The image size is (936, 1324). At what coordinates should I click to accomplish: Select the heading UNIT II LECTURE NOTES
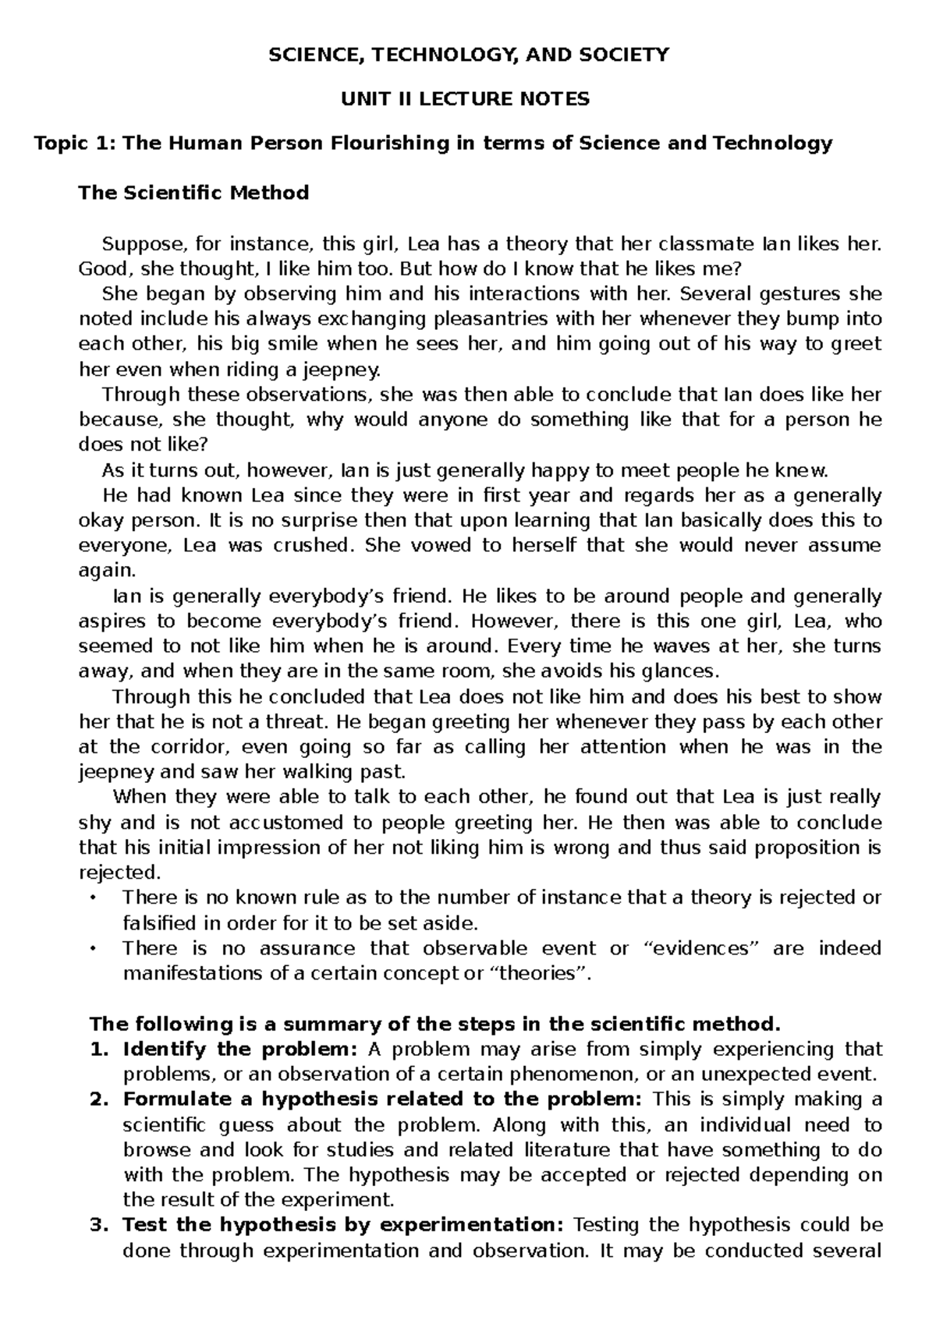(467, 99)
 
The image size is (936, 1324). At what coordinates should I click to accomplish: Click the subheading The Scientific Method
(193, 193)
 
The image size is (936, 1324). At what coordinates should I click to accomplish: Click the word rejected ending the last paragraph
(119, 873)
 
